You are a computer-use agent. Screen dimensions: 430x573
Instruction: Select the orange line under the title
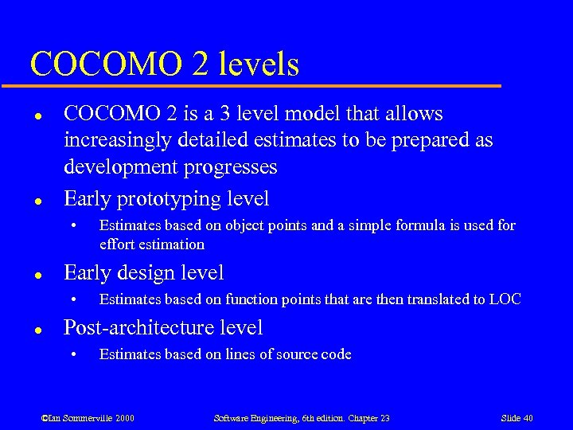(263, 85)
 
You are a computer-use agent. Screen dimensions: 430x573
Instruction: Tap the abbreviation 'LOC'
(505, 299)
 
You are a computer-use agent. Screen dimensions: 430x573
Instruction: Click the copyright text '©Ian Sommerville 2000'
(88, 418)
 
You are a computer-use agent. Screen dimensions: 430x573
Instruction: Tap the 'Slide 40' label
(516, 418)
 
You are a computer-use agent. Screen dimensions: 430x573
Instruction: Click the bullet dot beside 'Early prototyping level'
(37, 199)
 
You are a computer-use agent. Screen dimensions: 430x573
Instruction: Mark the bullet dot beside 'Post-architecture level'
(37, 328)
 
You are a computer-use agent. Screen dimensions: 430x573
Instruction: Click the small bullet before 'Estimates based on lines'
(72, 355)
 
